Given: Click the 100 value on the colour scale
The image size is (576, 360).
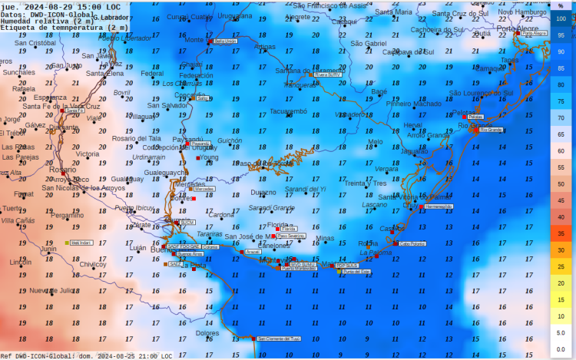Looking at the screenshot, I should point(561,18).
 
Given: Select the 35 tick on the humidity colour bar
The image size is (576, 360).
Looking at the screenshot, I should point(561,233).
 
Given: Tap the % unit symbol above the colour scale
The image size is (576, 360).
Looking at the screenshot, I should point(561,5).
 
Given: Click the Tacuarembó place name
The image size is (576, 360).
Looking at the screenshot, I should point(288,111).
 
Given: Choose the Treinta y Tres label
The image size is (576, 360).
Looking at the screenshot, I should point(366,183).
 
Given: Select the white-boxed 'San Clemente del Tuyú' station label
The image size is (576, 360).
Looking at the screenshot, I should point(278,339).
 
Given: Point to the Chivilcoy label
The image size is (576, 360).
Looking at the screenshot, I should point(92,264).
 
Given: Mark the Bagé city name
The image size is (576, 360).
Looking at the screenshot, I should point(379,91).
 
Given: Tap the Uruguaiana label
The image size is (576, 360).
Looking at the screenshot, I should point(234,15).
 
